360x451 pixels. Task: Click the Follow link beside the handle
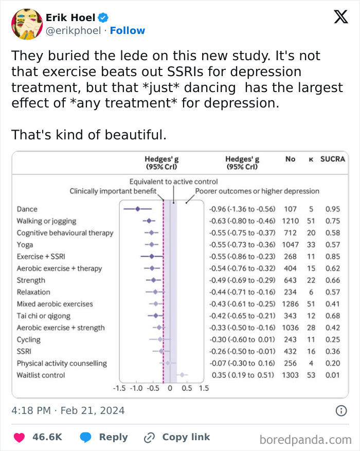pos(128,31)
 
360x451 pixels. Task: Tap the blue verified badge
pos(103,18)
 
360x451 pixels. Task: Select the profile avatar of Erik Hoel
pos(26,24)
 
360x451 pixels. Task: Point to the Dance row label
pos(27,209)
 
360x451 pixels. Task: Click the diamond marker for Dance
pos(137,209)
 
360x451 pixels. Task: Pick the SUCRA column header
pos(333,159)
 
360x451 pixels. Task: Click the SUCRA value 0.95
pos(333,209)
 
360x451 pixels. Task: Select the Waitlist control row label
pos(41,375)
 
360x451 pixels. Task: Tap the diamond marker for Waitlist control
pos(182,375)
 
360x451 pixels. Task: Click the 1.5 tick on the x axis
pos(204,388)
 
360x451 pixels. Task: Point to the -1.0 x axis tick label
pos(136,388)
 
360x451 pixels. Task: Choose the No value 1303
pos(290,375)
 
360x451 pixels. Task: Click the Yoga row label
pos(25,245)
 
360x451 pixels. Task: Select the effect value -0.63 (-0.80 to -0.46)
pos(242,221)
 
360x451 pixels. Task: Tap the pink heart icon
pos(20,437)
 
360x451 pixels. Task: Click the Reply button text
pos(113,437)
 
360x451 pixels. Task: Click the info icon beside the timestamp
pos(340,411)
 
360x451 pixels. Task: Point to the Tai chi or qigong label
pos(44,316)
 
